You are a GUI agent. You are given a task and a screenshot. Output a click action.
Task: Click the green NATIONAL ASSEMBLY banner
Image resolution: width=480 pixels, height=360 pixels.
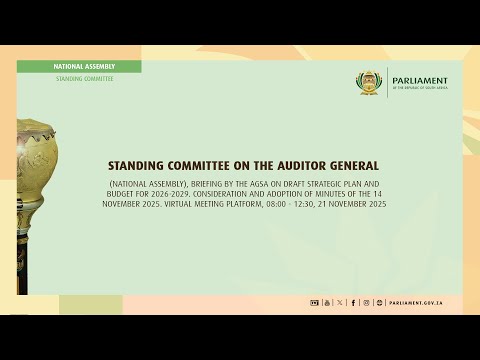84,66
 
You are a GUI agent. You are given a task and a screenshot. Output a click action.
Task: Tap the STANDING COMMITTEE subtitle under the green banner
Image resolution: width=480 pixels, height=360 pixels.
84,78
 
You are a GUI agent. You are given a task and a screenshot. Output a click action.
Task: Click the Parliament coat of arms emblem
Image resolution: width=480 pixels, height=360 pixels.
372,83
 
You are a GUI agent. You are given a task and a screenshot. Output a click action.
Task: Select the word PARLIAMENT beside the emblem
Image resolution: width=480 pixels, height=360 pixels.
420,81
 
